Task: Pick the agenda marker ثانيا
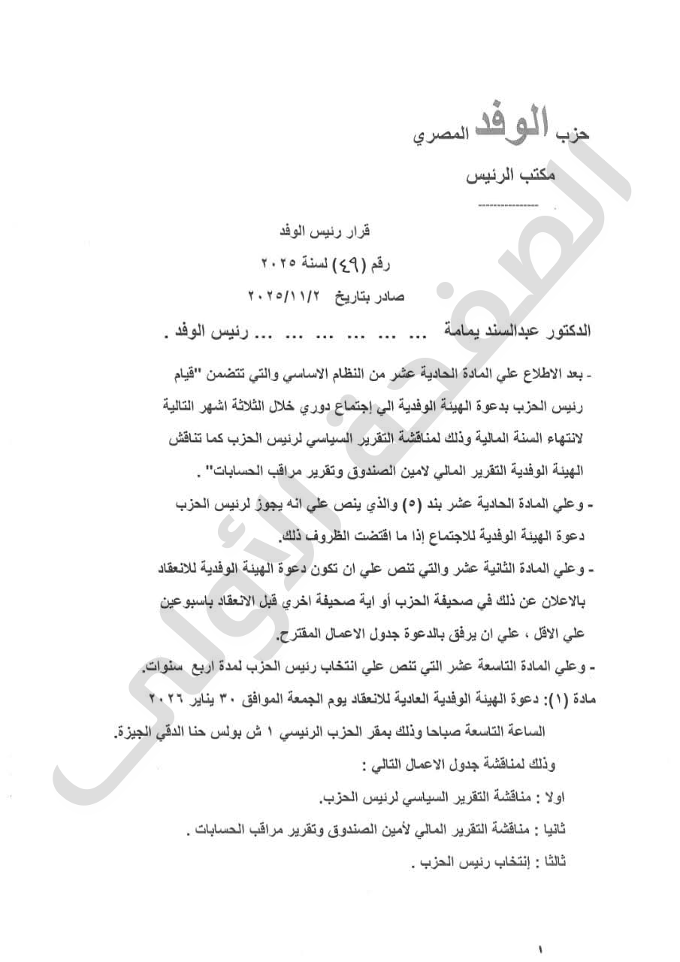coord(556,830)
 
